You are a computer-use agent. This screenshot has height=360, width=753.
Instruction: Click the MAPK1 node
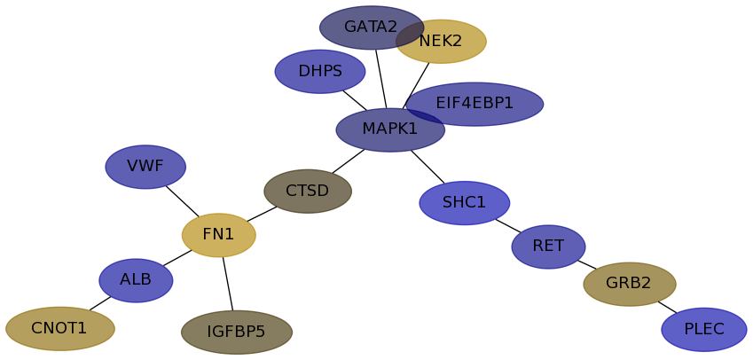point(390,130)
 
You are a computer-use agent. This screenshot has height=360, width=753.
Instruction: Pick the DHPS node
point(320,72)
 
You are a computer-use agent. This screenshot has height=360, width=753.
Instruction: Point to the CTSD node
point(308,192)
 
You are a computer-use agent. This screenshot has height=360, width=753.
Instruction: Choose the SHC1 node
point(465,203)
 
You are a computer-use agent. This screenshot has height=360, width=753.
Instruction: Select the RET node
point(548,247)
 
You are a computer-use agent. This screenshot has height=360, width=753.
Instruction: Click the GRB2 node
point(630,284)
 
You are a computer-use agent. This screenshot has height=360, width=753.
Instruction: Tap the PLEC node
point(704,330)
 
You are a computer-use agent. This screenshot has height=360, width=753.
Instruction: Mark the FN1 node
point(219,235)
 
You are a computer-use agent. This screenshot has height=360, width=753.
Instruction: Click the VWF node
point(145,167)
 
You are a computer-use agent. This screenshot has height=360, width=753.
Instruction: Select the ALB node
point(136,280)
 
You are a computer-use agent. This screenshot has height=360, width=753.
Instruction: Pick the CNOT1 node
point(60,329)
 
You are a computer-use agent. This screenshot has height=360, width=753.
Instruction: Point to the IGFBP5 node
point(237,333)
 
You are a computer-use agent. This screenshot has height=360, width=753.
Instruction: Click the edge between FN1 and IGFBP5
point(228,284)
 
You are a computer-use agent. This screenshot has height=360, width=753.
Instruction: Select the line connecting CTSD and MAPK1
point(348,161)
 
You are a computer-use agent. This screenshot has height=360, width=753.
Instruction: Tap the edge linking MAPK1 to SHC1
point(427,167)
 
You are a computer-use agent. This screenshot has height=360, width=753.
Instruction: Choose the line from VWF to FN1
point(182,200)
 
